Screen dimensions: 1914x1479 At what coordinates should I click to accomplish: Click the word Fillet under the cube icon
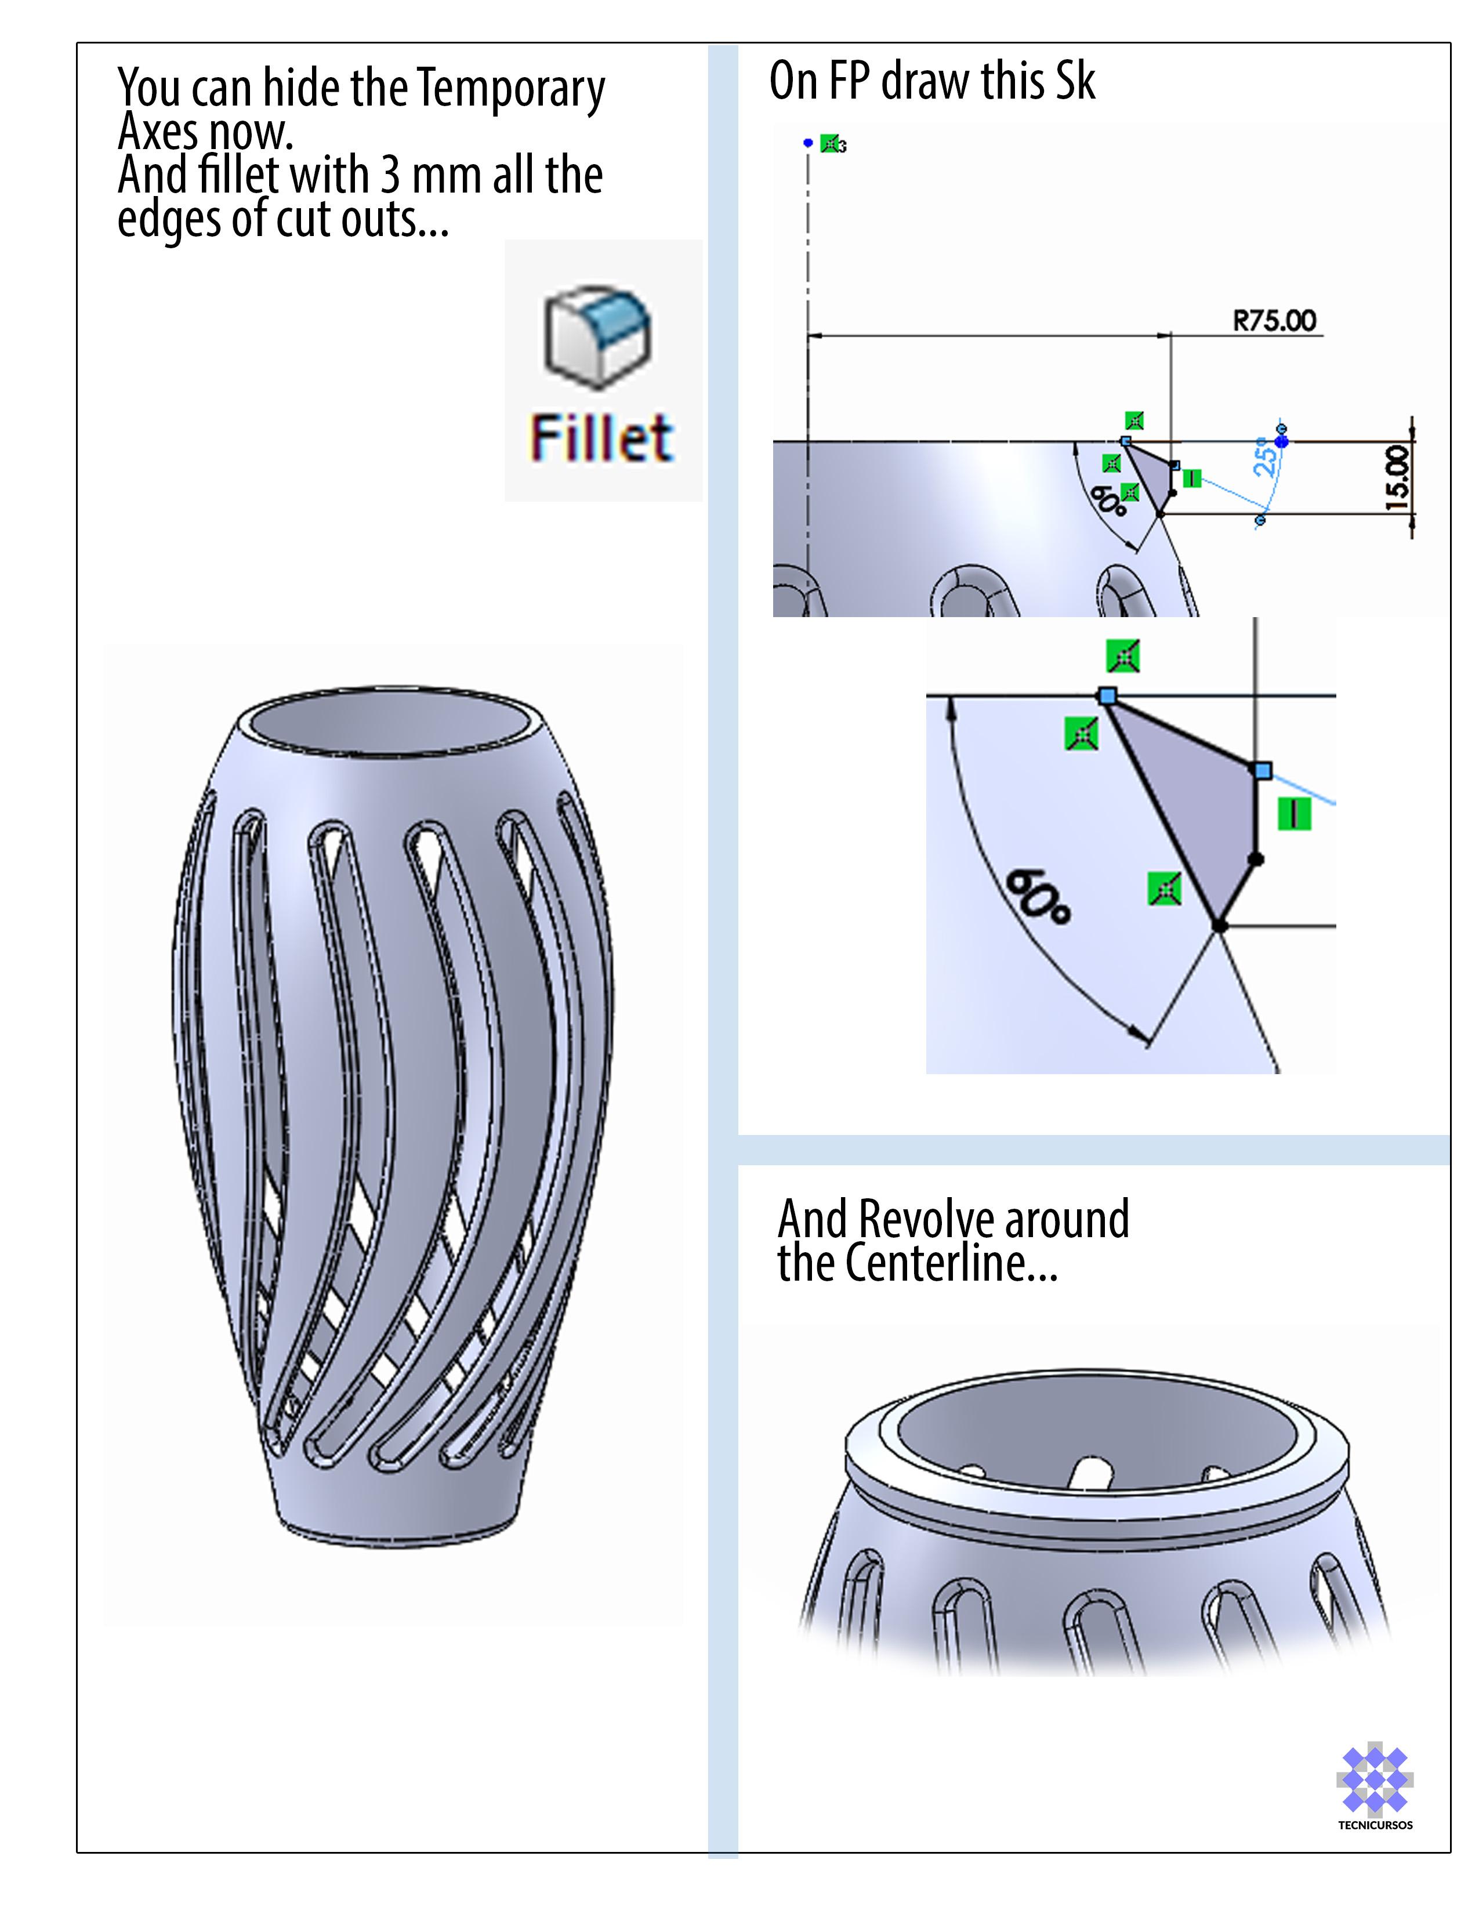[601, 437]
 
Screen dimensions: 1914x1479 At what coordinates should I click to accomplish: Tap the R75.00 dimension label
[1274, 321]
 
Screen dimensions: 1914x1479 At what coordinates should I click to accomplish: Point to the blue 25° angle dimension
[1264, 458]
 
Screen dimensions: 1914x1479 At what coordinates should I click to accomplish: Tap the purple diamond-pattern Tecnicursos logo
[1374, 1779]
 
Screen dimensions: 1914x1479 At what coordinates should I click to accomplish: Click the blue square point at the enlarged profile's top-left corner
[1107, 696]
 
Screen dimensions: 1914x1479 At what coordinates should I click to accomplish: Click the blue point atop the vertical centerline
[808, 142]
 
